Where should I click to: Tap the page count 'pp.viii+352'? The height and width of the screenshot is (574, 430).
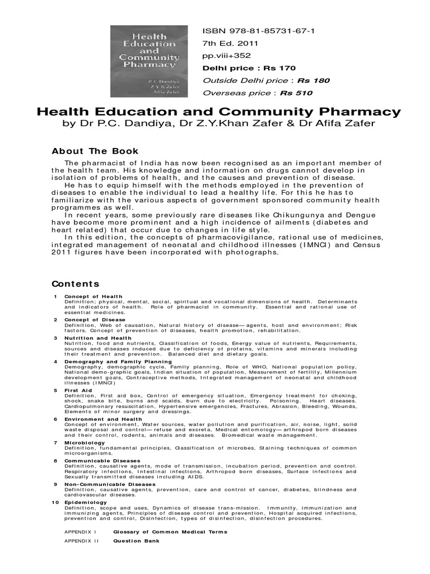coord(227,55)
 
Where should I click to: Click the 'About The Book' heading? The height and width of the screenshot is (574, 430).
coord(95,151)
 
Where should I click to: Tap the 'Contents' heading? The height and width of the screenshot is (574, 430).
coord(76,284)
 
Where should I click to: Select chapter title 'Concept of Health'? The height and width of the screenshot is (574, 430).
coord(93,297)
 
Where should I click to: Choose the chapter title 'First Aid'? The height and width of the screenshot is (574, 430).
coord(78,390)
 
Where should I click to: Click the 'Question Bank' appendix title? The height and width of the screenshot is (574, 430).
coord(136,541)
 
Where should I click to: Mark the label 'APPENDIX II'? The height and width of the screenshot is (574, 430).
coord(81,541)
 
